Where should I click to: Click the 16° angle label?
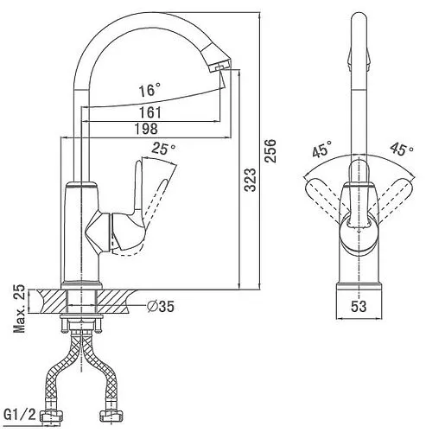(x=149, y=90)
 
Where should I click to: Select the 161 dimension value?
(x=150, y=112)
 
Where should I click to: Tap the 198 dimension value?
(x=146, y=129)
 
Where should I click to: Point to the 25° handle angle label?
(x=163, y=149)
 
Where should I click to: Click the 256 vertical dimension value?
(x=270, y=151)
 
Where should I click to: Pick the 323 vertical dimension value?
(x=250, y=180)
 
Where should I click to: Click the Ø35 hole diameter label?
(x=161, y=307)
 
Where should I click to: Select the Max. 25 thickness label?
(x=20, y=309)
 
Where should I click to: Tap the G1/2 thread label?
(x=20, y=415)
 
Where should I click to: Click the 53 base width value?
(x=359, y=307)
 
